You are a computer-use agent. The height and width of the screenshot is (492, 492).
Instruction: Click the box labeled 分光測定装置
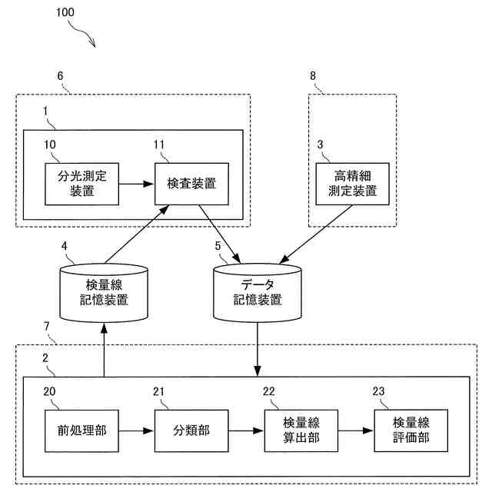[x=81, y=184]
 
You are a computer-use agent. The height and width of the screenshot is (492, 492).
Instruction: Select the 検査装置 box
[x=191, y=184]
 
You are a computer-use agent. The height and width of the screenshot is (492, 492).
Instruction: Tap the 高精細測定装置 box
[x=353, y=184]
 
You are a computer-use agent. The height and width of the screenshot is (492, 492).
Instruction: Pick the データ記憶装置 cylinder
[x=257, y=292]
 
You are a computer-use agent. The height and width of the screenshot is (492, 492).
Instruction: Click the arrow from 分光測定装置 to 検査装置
[x=137, y=184]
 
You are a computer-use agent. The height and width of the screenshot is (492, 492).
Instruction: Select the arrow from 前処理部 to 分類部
[x=137, y=430]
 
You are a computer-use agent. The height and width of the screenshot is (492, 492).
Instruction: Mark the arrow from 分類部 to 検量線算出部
[x=247, y=430]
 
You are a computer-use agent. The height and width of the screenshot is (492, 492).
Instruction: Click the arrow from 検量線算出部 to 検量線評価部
[x=356, y=430]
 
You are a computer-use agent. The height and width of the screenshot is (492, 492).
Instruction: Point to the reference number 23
[x=379, y=391]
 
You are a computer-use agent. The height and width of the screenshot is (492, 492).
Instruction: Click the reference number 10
[x=50, y=145]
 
